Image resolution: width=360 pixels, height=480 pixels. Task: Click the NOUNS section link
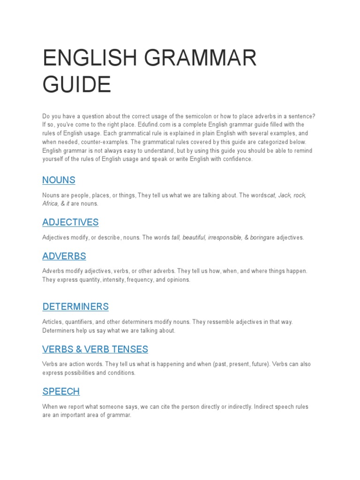pos(59,180)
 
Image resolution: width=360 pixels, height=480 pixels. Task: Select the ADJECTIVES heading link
pos(70,222)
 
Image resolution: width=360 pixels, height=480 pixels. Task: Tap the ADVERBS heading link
pos(64,256)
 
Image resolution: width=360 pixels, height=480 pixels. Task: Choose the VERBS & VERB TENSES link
pos(95,349)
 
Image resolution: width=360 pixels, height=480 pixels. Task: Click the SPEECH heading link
pos(61,391)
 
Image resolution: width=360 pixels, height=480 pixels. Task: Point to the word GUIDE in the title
pos(77,85)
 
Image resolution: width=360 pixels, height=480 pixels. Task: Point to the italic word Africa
pos(50,204)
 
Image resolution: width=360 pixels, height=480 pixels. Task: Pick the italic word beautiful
pos(194,238)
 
